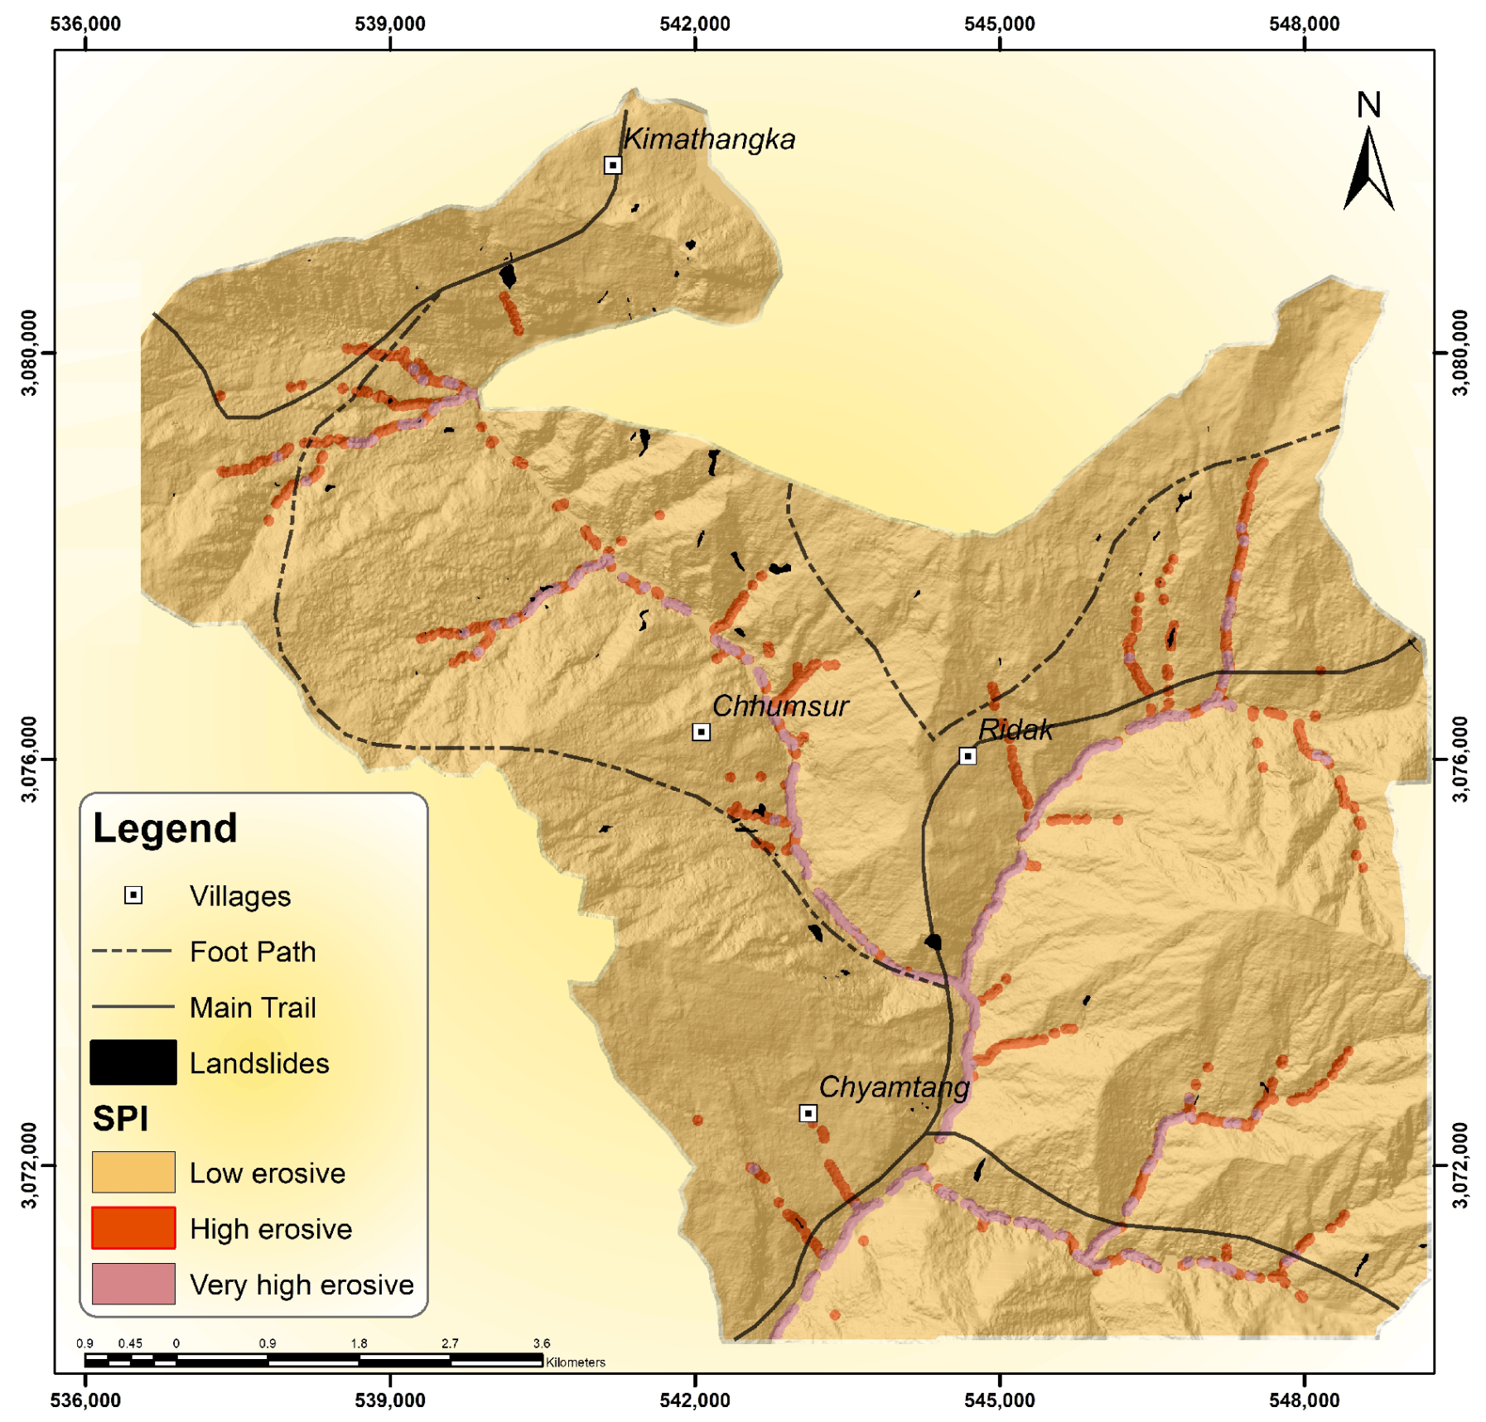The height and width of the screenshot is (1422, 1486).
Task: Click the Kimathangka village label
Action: (708, 139)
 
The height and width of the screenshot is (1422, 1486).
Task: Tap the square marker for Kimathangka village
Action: (612, 165)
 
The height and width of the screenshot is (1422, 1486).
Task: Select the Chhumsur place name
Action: (779, 706)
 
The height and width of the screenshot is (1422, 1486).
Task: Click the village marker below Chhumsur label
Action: (701, 732)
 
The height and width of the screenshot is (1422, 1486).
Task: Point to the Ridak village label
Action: (1015, 730)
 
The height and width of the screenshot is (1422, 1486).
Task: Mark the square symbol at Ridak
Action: (967, 756)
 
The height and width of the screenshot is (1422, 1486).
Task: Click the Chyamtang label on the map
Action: (893, 1087)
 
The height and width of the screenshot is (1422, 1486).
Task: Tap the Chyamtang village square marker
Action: (808, 1113)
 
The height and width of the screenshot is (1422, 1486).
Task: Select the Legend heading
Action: (165, 828)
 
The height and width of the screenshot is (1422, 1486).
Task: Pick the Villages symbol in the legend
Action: (133, 895)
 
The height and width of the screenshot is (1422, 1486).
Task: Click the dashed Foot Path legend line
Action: (133, 951)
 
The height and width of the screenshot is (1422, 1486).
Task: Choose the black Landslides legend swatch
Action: (133, 1063)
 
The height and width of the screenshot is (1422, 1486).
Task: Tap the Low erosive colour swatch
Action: (133, 1172)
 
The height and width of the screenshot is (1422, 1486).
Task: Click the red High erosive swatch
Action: (133, 1227)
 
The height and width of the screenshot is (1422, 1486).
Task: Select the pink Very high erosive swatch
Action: (133, 1283)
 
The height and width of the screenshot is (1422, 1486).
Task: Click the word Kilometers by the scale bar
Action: (576, 1362)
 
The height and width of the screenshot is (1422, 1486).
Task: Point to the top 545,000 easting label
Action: (999, 24)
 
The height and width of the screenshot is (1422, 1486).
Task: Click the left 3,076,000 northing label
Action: (29, 759)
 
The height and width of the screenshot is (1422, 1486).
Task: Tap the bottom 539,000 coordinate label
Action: (389, 1400)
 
